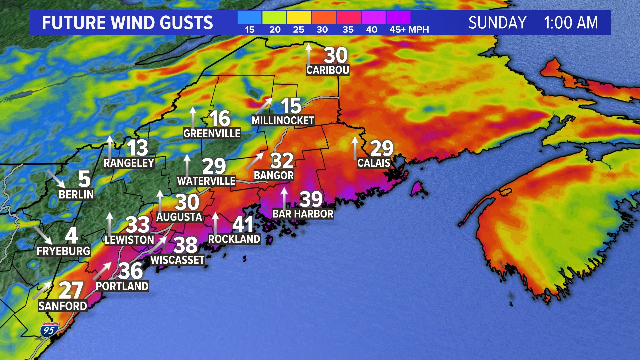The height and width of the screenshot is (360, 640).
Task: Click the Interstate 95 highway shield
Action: click(49, 329)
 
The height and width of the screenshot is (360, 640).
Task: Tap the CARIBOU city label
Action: click(328, 70)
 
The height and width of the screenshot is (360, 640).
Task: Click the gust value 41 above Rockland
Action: click(243, 224)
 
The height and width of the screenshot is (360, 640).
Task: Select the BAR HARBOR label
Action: click(303, 214)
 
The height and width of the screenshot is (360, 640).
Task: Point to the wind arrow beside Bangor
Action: click(255, 161)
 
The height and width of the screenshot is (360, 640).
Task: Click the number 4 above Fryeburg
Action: click(72, 235)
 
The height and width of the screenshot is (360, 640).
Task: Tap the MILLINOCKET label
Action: click(283, 120)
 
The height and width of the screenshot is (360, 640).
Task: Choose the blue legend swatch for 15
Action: click(249, 18)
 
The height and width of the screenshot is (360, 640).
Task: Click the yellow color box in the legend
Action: click(299, 18)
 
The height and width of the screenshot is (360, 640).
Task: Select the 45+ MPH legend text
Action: click(409, 30)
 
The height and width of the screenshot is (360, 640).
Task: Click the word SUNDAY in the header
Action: click(497, 23)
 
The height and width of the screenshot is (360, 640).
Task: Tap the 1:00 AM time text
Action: click(571, 23)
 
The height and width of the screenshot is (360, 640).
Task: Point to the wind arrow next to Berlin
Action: click(56, 178)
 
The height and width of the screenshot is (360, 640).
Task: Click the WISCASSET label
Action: click(177, 260)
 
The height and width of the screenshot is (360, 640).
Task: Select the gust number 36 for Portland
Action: click(131, 271)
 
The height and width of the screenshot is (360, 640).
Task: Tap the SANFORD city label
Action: click(63, 306)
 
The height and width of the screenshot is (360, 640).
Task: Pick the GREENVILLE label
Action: click(212, 133)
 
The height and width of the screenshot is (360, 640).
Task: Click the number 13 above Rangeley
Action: click(137, 148)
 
